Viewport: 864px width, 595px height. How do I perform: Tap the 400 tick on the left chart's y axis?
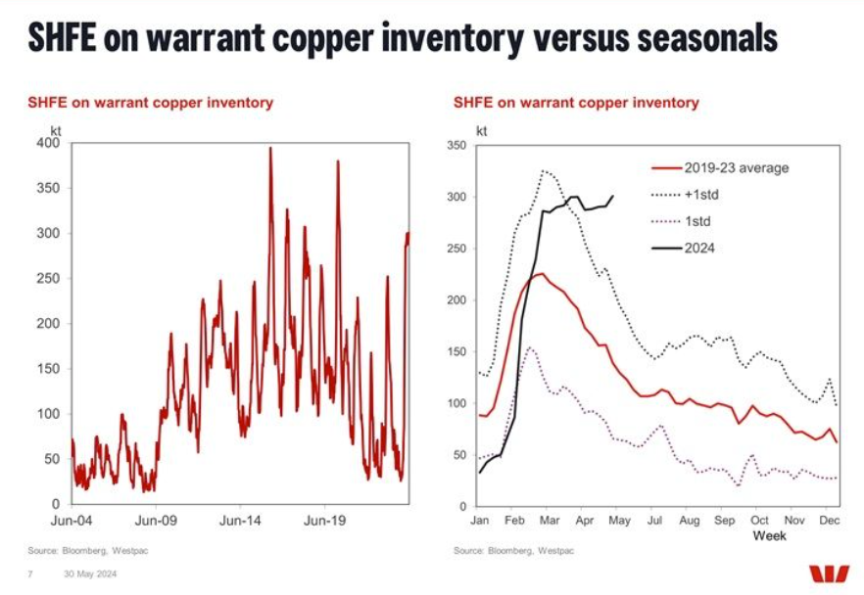[x=48, y=144]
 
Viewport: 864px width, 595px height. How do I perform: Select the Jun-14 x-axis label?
[x=241, y=522]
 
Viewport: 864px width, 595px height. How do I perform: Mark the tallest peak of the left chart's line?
[x=270, y=148]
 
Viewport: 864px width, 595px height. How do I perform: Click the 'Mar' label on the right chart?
[x=552, y=522]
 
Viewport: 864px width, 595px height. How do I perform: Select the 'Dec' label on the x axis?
[x=828, y=522]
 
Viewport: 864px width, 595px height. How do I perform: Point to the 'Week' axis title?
[x=769, y=536]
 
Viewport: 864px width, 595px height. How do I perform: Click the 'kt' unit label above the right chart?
[x=482, y=129]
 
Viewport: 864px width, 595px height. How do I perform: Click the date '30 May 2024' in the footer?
[x=90, y=573]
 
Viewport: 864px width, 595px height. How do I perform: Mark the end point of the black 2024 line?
[x=613, y=196]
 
